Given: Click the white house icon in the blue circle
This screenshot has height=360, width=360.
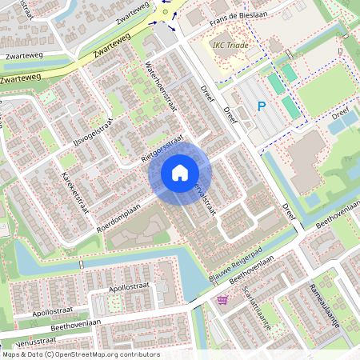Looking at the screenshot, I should (x=180, y=172).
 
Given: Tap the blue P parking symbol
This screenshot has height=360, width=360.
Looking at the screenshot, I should (x=261, y=106).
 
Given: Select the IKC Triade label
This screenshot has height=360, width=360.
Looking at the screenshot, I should (x=230, y=45).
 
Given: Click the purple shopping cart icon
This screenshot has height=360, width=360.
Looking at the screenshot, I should (x=222, y=300).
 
